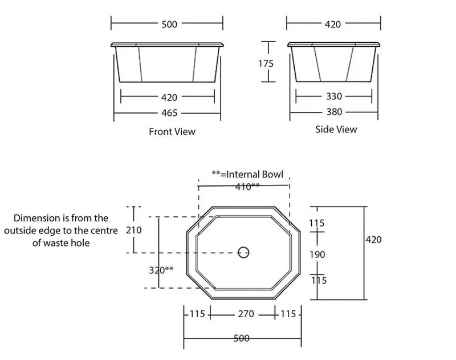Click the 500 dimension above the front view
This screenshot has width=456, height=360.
pyautogui.click(x=169, y=24)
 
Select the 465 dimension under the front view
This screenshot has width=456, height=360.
pyautogui.click(x=169, y=113)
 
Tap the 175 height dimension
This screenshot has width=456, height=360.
pyautogui.click(x=266, y=63)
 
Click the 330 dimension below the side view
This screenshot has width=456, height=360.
pyautogui.click(x=334, y=96)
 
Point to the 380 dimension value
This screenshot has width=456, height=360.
pyautogui.click(x=334, y=112)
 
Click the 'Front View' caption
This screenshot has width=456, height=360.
pyautogui.click(x=172, y=132)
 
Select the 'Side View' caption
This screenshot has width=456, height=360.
pyautogui.click(x=336, y=129)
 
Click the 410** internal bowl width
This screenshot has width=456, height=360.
pyautogui.click(x=247, y=187)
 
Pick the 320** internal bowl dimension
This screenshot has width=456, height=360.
pyautogui.click(x=161, y=270)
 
